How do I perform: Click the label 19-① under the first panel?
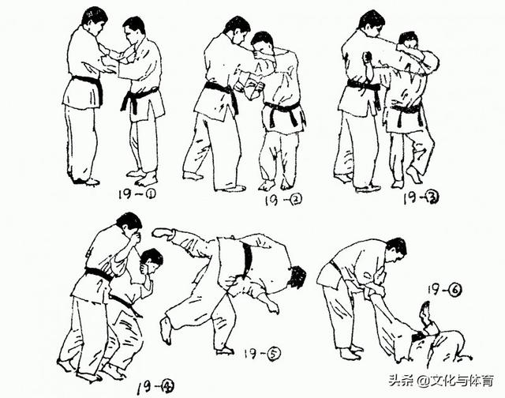[x=137, y=194]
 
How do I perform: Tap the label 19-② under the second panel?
[x=283, y=200]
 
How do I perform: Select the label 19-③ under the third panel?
[x=421, y=197]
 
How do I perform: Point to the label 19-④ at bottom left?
[x=155, y=387]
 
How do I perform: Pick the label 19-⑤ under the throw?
[x=262, y=354]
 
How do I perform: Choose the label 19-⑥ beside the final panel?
[x=444, y=290]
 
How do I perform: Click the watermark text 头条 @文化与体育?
[x=441, y=381]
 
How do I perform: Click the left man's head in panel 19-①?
[x=94, y=21]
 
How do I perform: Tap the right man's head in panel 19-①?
[x=133, y=30]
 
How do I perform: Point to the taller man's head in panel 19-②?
[x=238, y=30]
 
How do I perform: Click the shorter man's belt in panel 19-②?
[x=282, y=111]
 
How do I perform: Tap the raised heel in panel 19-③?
[x=413, y=175]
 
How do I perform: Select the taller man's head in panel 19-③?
[x=372, y=24]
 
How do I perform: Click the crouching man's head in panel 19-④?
[x=151, y=261]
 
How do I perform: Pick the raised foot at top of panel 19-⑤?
[x=163, y=233]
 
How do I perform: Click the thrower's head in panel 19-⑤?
[x=297, y=276]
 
